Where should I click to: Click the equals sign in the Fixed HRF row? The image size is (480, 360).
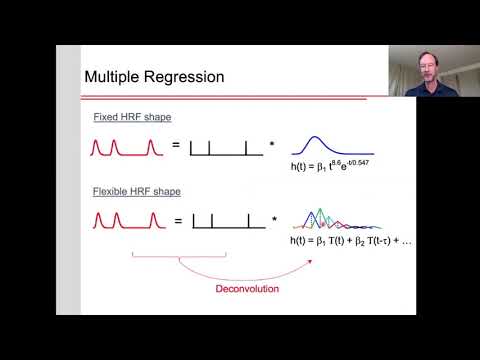(x=176, y=146)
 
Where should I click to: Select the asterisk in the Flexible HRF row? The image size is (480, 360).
(x=273, y=222)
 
